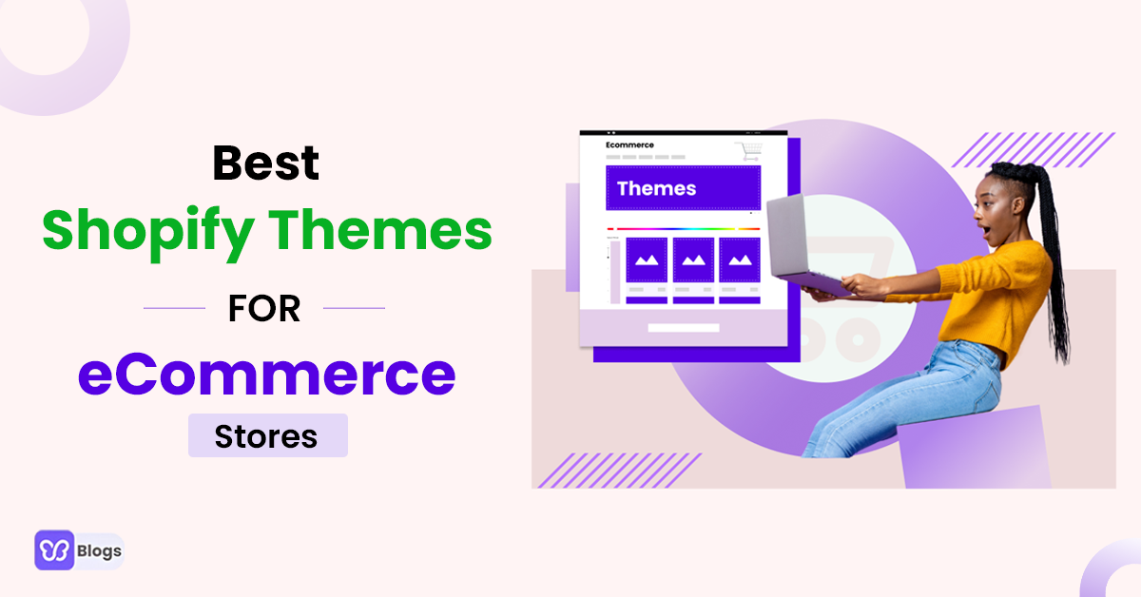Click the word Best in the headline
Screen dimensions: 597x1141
click(x=265, y=163)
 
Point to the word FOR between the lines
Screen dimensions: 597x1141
click(x=264, y=309)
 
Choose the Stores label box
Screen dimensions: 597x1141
click(x=267, y=435)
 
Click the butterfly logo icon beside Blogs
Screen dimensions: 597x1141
click(x=54, y=549)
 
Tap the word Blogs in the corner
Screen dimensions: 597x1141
click(x=99, y=550)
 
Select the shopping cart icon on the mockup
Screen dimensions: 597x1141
click(x=749, y=150)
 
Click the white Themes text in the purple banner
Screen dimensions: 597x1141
click(x=656, y=188)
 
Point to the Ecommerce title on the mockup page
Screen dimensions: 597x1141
click(x=629, y=144)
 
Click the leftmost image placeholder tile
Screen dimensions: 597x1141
click(x=647, y=260)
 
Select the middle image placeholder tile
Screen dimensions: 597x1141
click(x=693, y=260)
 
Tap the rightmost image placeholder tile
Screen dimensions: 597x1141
click(x=739, y=260)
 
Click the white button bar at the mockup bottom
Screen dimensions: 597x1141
click(x=683, y=328)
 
